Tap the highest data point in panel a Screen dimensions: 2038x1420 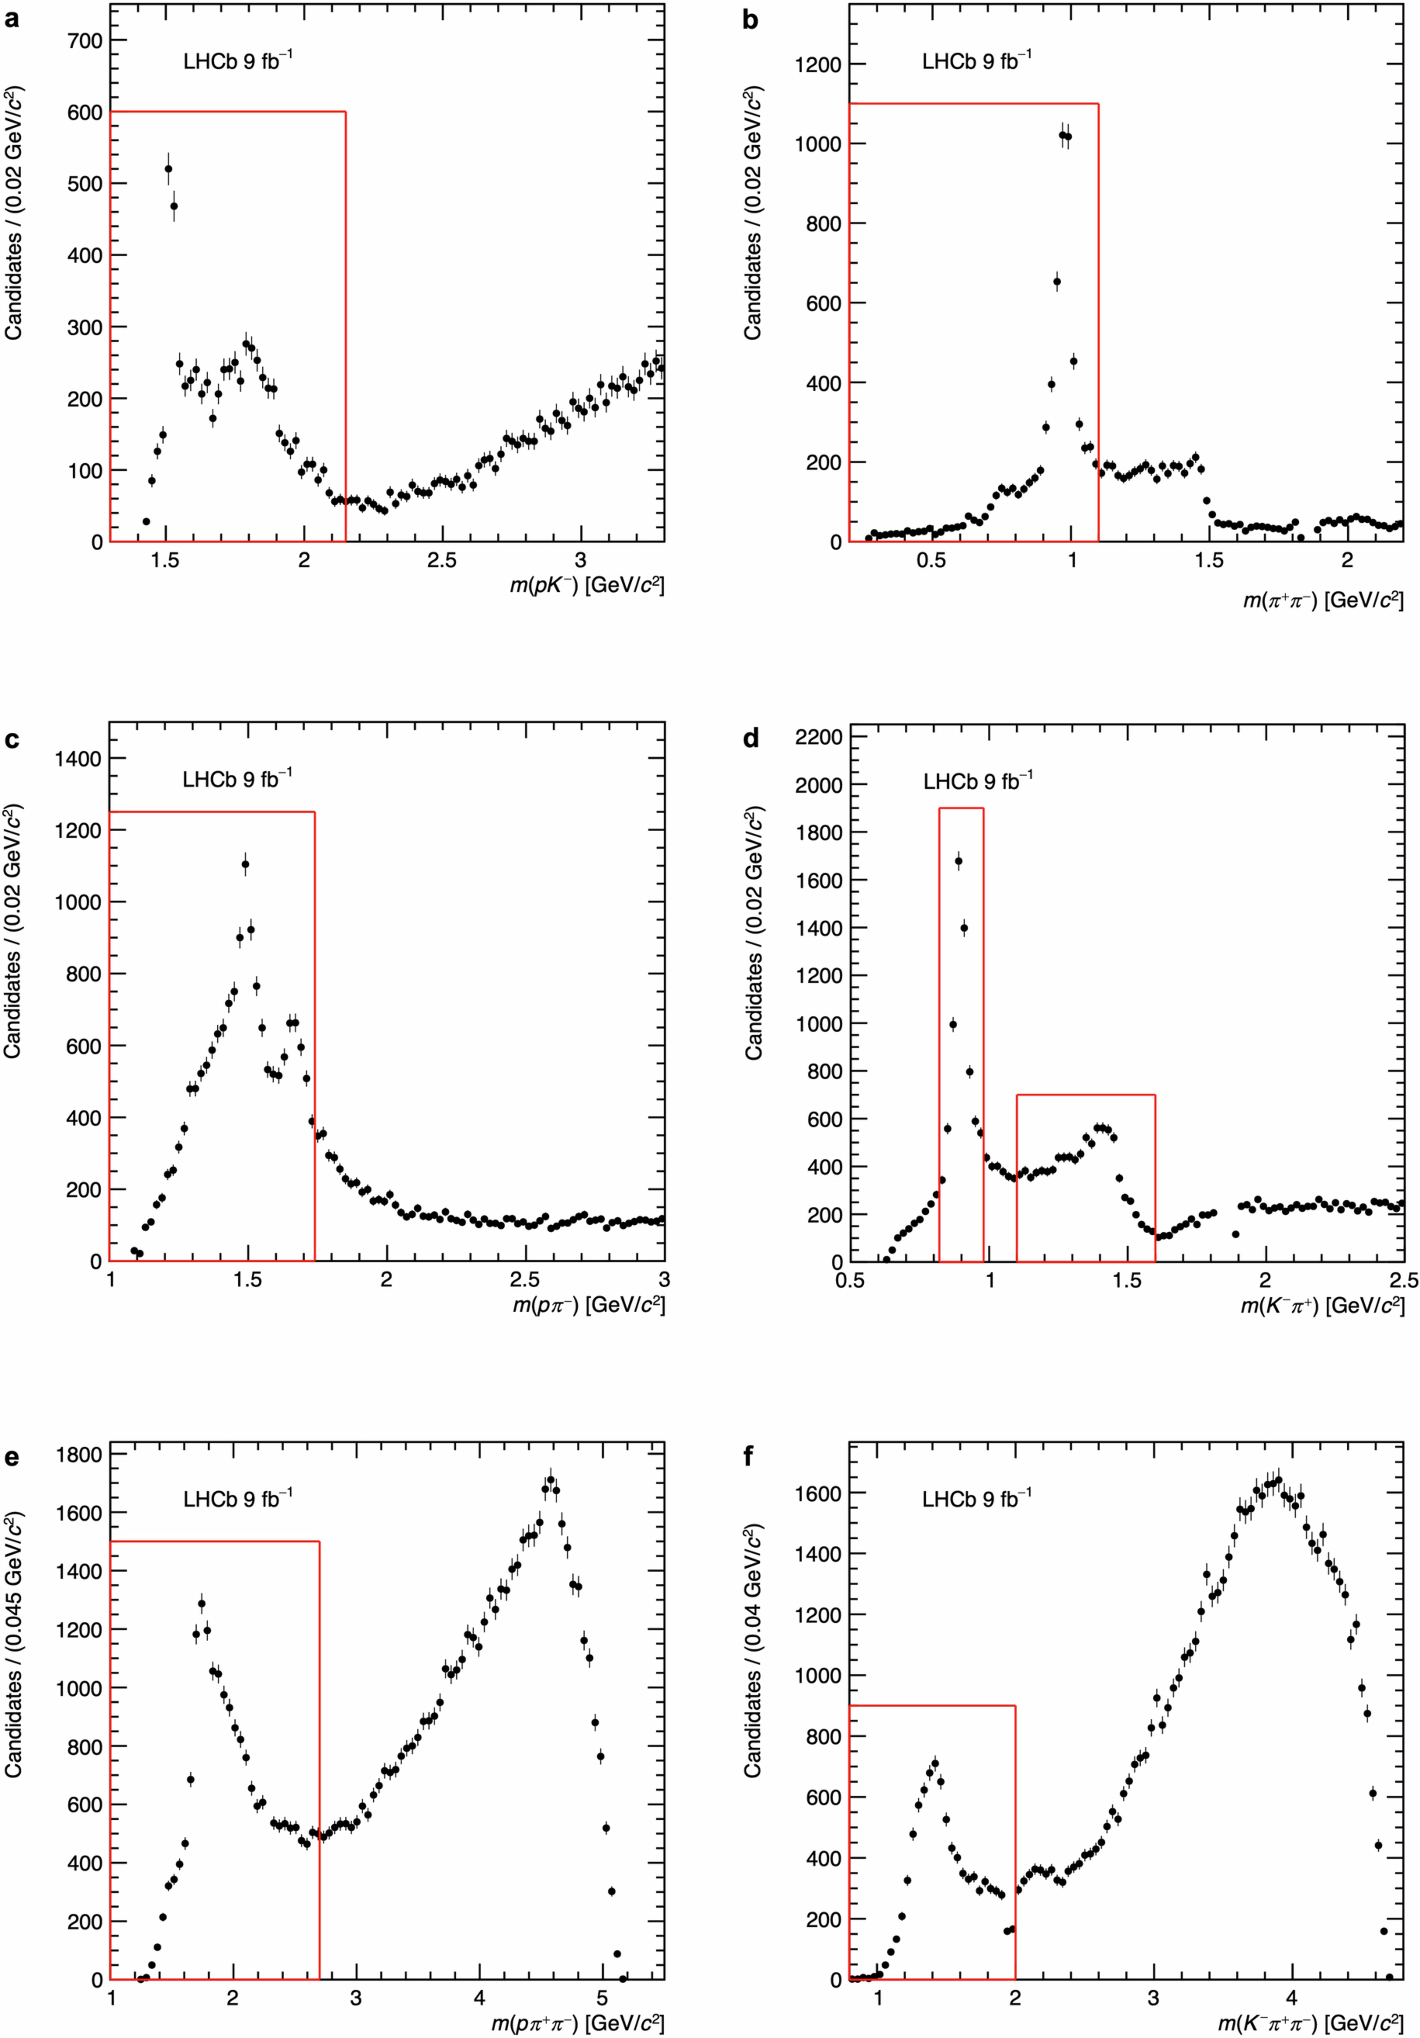[169, 169]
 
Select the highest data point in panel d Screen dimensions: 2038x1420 [958, 861]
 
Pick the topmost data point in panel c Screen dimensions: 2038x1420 [246, 865]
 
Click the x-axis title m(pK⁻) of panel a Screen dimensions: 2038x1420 [586, 586]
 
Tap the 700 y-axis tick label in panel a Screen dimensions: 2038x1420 [84, 41]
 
